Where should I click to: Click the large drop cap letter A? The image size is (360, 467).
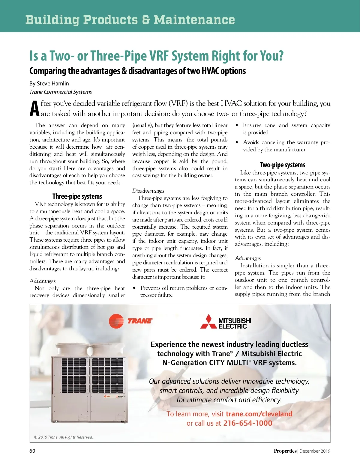[x=35, y=109]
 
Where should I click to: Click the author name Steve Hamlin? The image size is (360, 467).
[x=53, y=84]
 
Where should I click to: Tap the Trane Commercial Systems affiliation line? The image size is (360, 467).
[x=61, y=92]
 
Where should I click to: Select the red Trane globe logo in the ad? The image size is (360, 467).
[x=116, y=321]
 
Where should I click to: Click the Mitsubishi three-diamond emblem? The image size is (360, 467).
[x=208, y=322]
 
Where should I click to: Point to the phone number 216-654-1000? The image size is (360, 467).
[x=247, y=423]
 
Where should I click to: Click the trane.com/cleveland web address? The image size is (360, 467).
[x=259, y=414]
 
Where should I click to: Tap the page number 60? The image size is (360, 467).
[x=32, y=451]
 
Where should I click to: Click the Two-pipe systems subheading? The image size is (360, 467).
[x=282, y=165]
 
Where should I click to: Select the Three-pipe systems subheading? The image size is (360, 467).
[x=77, y=196]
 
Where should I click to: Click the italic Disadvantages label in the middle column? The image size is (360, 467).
[x=148, y=191]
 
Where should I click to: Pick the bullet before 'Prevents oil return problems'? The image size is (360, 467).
[x=134, y=288]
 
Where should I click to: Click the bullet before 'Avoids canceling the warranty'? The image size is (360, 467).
[x=237, y=142]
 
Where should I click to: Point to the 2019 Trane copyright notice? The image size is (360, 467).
[x=64, y=437]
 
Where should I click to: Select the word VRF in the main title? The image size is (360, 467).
[x=159, y=56]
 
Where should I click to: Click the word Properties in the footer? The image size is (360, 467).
[x=285, y=451]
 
